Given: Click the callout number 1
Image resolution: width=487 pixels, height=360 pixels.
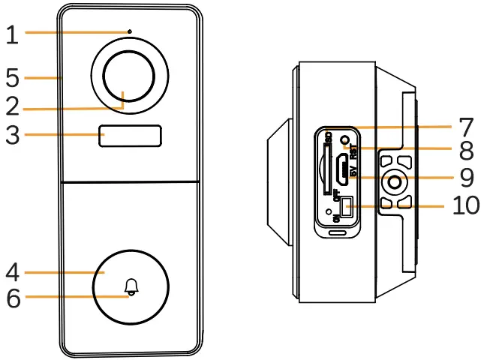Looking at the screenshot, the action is (11, 34).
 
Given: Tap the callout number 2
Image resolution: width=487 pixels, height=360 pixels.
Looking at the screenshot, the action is (11, 106).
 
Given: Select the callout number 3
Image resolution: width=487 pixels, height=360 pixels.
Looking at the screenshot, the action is (11, 135).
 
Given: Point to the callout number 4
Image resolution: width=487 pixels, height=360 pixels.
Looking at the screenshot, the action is (11, 271).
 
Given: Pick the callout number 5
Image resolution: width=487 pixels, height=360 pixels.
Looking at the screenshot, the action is (11, 77).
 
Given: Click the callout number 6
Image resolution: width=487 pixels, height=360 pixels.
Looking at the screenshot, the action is (11, 297).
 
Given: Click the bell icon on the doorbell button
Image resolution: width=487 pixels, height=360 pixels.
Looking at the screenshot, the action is (132, 286).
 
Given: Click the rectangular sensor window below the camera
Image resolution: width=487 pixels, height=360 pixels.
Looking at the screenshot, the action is (131, 136).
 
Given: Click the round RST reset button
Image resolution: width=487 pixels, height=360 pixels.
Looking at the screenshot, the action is (344, 140).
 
